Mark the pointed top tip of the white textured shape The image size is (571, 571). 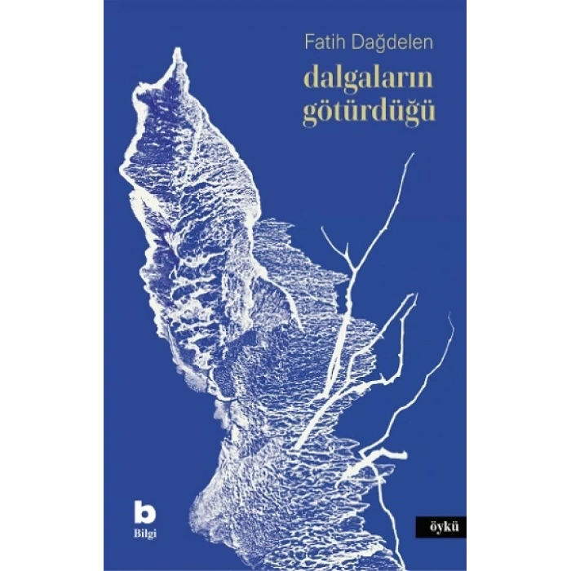tap(175, 51)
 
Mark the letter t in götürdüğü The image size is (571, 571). tap(339, 112)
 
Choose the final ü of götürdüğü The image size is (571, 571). tap(427, 112)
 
